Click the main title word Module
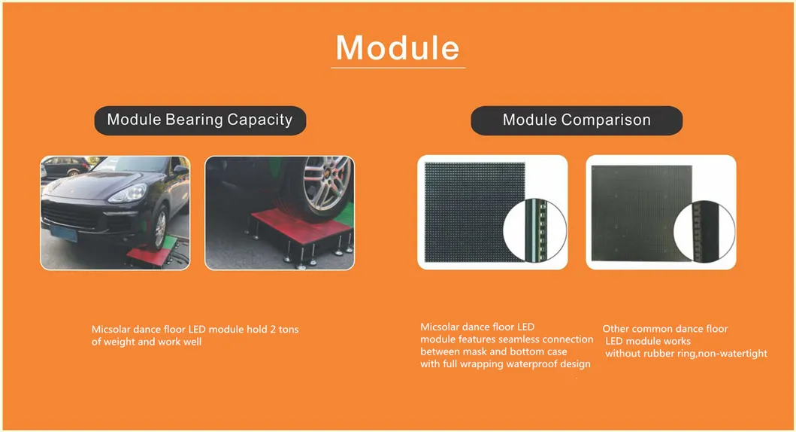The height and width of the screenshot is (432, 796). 398,47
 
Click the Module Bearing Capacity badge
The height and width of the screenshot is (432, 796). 200,120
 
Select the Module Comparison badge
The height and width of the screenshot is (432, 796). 577,120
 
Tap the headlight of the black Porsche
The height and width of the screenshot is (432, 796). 129,193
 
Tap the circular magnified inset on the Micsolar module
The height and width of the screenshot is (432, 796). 534,230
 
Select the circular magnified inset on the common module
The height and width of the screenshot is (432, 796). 704,232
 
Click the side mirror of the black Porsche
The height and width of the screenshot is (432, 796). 181,169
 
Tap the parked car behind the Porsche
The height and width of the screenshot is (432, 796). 64,166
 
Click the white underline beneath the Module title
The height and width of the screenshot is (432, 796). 398,67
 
